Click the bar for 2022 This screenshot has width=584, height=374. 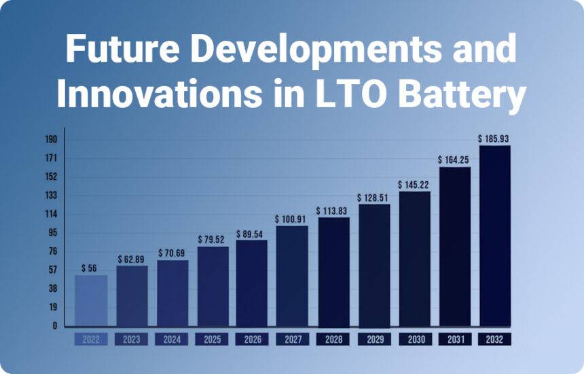point(91,300)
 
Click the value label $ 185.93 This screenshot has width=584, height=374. point(495,138)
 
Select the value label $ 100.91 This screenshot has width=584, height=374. point(292,219)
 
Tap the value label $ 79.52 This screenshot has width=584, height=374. point(213,240)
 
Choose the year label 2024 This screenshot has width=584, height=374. point(172,339)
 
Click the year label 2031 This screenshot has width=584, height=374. point(455,339)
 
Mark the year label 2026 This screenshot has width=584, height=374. point(252,339)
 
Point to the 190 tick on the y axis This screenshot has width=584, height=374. point(51,140)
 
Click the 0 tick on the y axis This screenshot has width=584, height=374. point(54,326)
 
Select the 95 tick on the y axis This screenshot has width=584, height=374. point(52,233)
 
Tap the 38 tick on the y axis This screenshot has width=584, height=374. point(52,288)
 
